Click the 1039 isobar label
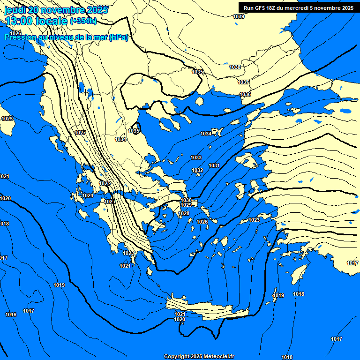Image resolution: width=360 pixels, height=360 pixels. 239,17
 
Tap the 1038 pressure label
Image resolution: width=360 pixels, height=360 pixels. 235,67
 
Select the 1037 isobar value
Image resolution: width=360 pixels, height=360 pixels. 243,82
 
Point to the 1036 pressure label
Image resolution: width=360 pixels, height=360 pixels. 245,95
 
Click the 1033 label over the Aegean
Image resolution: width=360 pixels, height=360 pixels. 196,158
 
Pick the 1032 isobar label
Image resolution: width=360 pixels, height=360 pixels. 197,170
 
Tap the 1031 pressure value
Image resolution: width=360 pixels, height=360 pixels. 214,166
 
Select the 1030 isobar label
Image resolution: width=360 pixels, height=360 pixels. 186,200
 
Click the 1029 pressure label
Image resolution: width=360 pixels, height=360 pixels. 186,205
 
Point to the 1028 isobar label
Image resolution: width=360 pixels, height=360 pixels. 184,214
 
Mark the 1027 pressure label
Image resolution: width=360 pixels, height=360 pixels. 80,133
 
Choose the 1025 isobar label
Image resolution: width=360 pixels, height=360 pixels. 105,183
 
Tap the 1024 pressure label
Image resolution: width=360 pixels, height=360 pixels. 88,196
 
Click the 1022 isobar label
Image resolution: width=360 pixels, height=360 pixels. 129,254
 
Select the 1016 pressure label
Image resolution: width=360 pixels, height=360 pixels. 11,315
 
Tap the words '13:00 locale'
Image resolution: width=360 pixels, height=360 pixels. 36,21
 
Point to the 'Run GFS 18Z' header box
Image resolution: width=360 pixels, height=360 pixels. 299,7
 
